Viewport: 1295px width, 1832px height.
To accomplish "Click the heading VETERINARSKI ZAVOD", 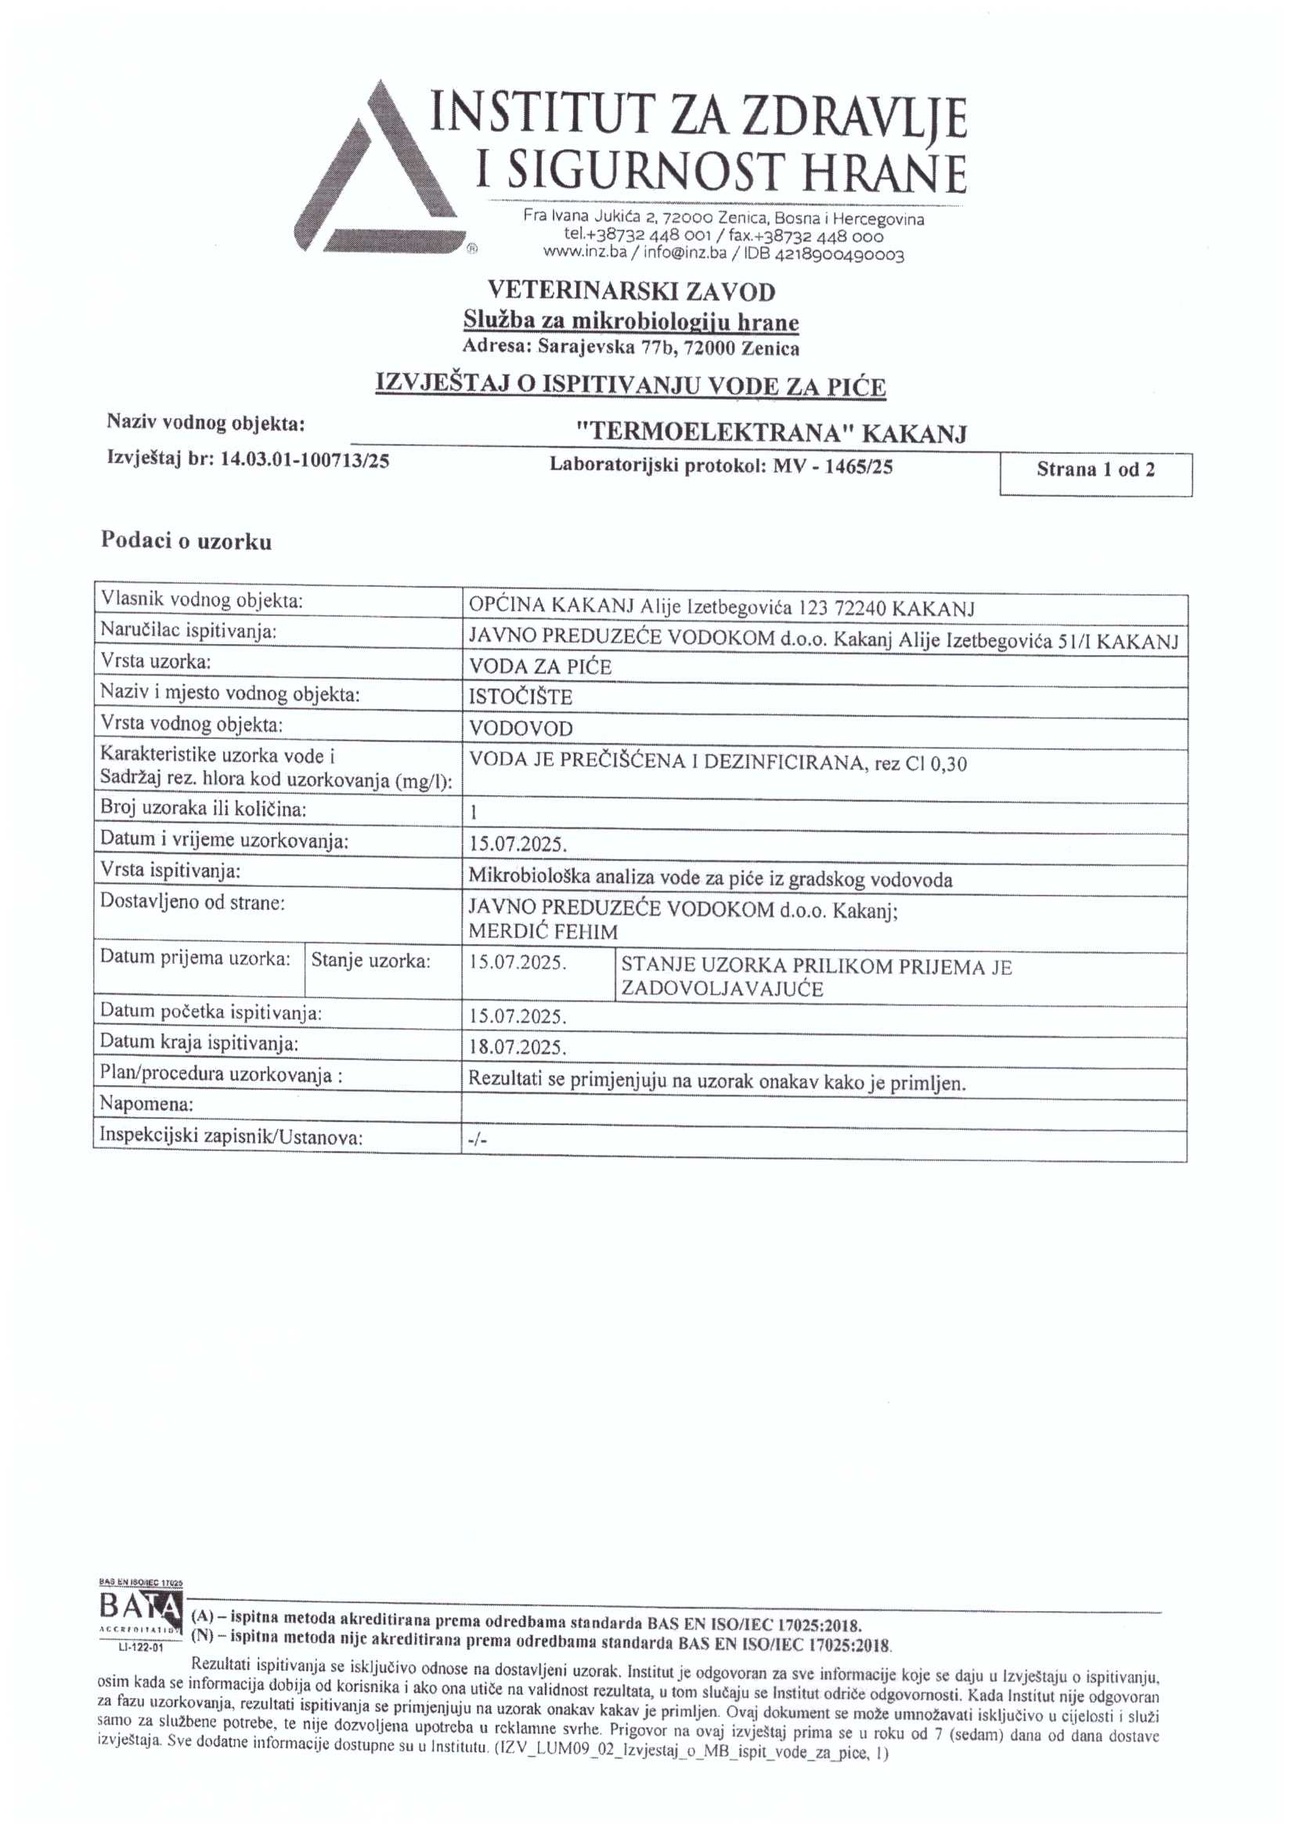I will [631, 291].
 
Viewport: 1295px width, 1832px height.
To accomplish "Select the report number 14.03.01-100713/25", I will [305, 460].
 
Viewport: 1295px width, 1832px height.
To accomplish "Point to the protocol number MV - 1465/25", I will [831, 467].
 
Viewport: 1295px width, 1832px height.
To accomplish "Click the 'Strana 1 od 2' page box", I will [1095, 470].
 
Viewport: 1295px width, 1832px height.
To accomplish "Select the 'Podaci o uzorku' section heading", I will [186, 541].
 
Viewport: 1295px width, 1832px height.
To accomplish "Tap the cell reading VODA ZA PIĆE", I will [540, 667].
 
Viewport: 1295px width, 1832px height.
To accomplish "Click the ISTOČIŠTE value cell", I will [520, 697].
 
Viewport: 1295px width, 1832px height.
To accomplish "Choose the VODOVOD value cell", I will [520, 729].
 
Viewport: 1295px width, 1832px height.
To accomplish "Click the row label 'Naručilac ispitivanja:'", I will [188, 631].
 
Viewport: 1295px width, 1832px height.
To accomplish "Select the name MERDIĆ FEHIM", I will [543, 931].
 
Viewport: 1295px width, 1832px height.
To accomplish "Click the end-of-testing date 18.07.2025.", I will [518, 1047].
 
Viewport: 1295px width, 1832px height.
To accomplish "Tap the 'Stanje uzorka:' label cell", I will [371, 961].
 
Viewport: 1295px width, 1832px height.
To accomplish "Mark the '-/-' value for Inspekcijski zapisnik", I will [476, 1141].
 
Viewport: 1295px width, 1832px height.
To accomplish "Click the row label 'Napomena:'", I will [146, 1105].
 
